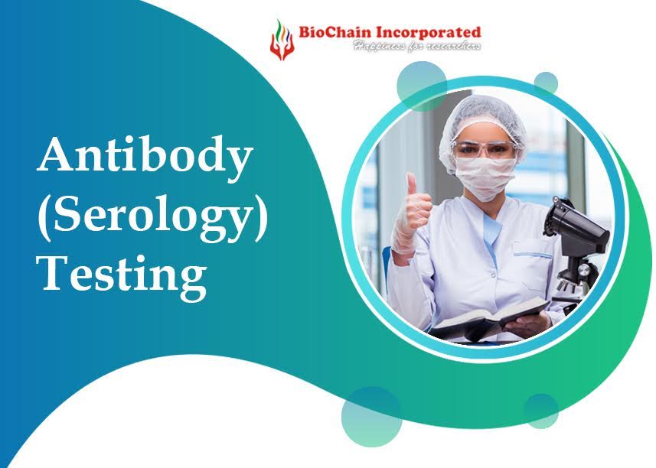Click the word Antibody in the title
145,158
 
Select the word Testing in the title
122,273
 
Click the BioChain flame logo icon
281,39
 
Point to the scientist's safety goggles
483,148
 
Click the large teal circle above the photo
421,83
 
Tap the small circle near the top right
546,83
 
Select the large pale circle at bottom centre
371,416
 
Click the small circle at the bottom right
541,411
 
